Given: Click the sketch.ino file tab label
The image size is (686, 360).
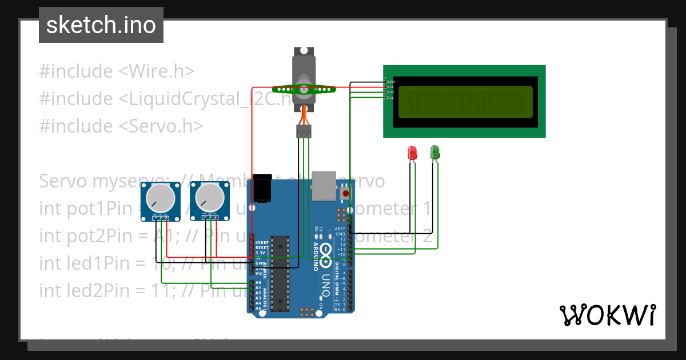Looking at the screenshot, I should click(101, 25).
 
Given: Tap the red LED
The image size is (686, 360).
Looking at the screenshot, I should click(412, 153).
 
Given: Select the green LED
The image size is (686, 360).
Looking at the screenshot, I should click(434, 152).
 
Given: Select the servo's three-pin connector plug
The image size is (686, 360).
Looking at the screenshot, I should click(304, 131).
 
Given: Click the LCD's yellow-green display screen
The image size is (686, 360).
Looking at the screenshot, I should click(465, 102).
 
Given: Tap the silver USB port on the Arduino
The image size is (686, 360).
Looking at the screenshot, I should click(324, 186).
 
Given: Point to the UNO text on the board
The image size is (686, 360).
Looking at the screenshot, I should click(325, 285).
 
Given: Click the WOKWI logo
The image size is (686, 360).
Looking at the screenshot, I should click(608, 315).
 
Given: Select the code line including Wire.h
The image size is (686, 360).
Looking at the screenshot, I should click(117, 71).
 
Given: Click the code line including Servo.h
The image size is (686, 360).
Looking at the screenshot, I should click(121, 126).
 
